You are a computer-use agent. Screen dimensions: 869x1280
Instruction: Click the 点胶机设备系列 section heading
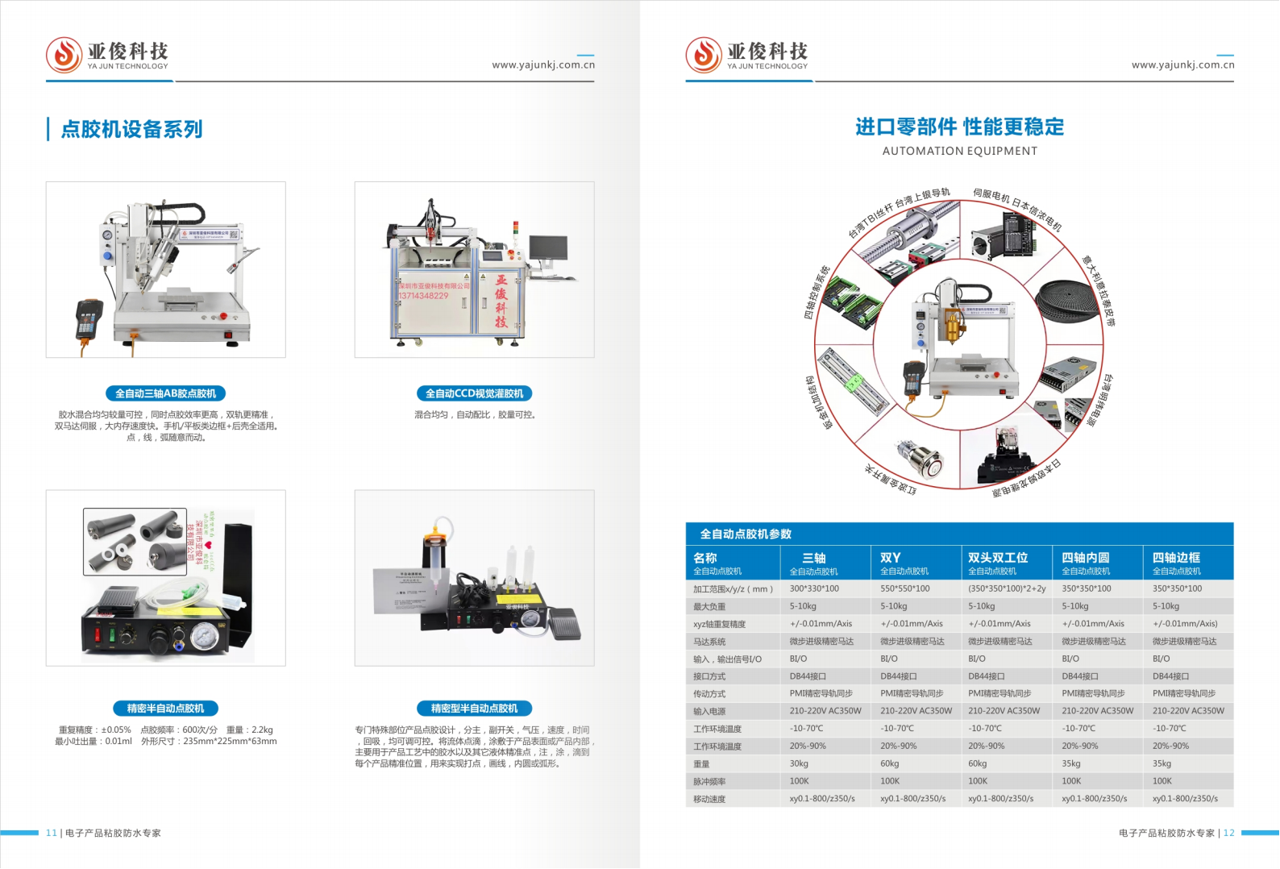(131, 129)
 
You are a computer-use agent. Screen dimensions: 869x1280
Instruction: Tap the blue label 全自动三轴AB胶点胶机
(165, 393)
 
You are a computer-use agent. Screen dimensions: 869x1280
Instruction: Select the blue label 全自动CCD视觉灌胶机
(474, 393)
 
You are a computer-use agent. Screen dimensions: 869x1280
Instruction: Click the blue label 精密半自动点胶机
(165, 709)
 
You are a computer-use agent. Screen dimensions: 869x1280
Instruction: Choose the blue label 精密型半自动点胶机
(474, 709)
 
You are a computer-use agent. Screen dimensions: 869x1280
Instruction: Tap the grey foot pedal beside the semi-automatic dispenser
(564, 625)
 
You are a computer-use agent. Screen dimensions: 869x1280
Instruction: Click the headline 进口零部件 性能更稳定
(959, 127)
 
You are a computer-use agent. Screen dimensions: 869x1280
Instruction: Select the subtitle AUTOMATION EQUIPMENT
(959, 151)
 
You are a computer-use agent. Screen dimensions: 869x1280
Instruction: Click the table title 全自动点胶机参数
(745, 534)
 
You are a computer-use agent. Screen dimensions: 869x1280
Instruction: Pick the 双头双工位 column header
(997, 558)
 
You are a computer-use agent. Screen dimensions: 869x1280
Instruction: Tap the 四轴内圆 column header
(1085, 558)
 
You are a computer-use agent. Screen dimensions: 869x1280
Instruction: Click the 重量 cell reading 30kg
(799, 763)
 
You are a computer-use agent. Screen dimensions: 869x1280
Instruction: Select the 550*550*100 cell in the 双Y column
(904, 588)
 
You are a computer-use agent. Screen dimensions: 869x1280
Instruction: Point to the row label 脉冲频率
(709, 782)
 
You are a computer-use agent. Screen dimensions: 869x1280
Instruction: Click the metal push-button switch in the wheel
(919, 457)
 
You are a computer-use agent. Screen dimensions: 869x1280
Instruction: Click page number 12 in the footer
(1228, 833)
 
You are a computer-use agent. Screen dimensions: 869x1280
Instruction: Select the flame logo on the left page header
(64, 55)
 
